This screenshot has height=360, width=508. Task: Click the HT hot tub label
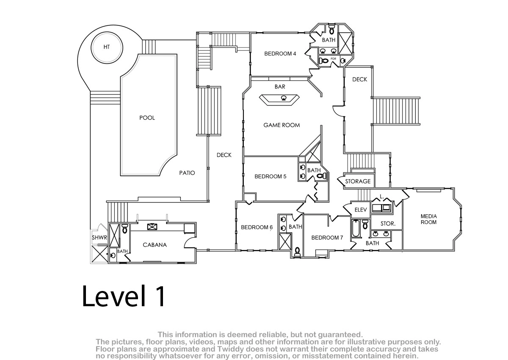(x=107, y=47)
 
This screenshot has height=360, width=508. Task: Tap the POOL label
(x=147, y=118)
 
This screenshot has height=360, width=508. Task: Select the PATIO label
(x=187, y=173)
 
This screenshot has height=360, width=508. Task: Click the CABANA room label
(x=155, y=245)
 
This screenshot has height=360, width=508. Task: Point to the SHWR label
(x=99, y=238)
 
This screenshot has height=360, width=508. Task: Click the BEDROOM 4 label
(x=280, y=53)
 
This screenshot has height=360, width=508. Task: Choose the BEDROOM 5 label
(x=271, y=176)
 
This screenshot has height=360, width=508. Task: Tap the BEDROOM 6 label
(x=257, y=227)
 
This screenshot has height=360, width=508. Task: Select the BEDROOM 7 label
(x=327, y=238)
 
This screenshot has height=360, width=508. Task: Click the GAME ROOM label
(x=282, y=125)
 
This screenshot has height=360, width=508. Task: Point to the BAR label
(x=280, y=86)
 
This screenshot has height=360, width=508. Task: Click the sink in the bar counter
(x=284, y=98)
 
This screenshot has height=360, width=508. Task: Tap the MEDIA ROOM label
(x=428, y=219)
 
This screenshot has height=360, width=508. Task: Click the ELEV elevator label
(x=361, y=210)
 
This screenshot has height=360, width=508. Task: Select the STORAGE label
(x=358, y=181)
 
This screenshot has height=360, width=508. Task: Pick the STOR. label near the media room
(x=388, y=224)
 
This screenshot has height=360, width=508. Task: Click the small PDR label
(x=333, y=59)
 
